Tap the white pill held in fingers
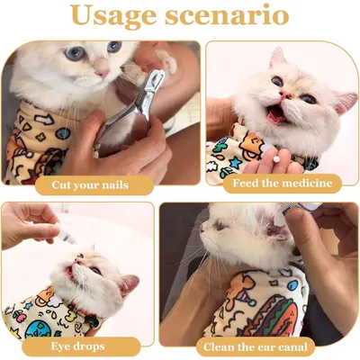tap(272, 167)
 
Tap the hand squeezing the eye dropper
tap(27, 220)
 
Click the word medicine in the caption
tap(302, 183)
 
